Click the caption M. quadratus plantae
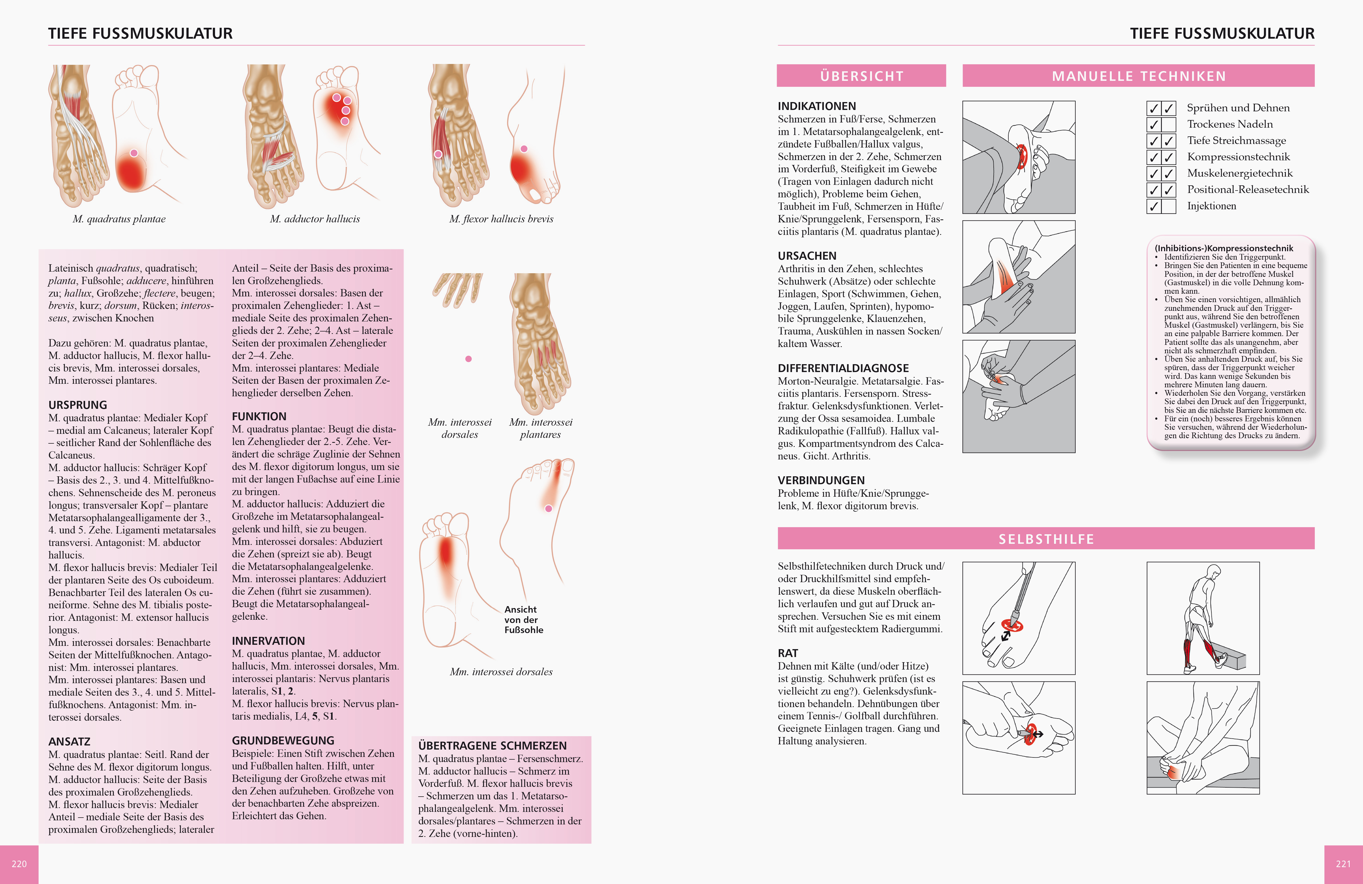tap(119, 219)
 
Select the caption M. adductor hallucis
tap(315, 219)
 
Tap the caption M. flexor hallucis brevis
tap(501, 219)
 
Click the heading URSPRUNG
tap(78, 405)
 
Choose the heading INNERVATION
tap(268, 641)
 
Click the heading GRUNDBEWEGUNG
tap(283, 740)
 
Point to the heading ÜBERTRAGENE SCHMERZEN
tap(492, 745)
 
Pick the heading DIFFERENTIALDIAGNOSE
tap(843, 368)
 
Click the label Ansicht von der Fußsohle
tap(523, 619)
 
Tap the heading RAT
tap(787, 653)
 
